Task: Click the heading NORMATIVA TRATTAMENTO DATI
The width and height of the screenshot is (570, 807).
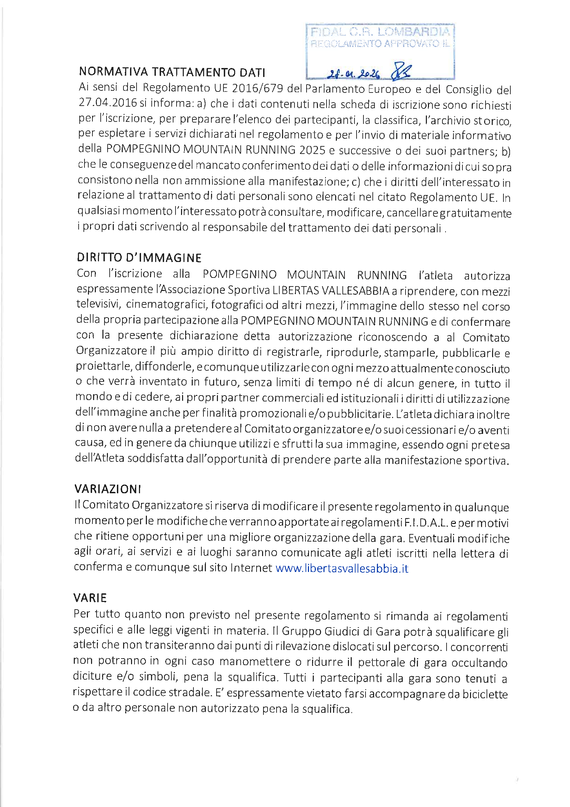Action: pyautogui.click(x=172, y=72)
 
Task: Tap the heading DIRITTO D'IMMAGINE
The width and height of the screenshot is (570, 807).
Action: pyautogui.click(x=139, y=257)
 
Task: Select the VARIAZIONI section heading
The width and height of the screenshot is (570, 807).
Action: pyautogui.click(x=108, y=489)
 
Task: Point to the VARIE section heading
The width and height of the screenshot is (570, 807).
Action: pyautogui.click(x=90, y=598)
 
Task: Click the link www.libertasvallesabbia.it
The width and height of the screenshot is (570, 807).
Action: pyautogui.click(x=342, y=568)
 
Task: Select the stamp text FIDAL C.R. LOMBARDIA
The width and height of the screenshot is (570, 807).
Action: pyautogui.click(x=380, y=32)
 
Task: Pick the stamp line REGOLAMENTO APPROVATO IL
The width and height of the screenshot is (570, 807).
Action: pyautogui.click(x=380, y=44)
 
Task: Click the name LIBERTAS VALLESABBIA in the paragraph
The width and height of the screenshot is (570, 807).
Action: pyautogui.click(x=331, y=291)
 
